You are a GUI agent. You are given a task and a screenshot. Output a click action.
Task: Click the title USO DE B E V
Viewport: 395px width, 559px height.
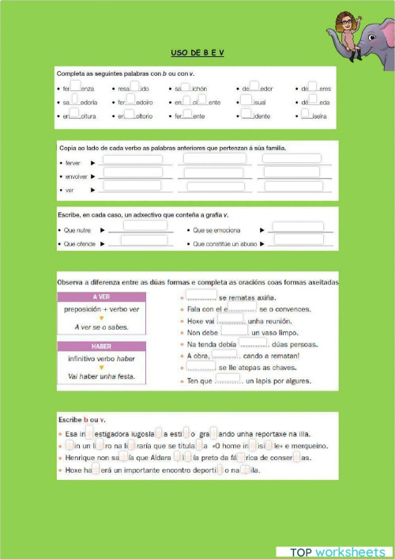coord(197,52)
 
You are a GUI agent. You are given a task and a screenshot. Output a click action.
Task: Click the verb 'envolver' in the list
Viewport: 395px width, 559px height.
coord(77,176)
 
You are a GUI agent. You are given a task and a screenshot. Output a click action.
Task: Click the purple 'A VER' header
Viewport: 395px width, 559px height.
coord(101,296)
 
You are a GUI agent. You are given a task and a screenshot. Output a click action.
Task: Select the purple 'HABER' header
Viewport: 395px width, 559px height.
coord(101,346)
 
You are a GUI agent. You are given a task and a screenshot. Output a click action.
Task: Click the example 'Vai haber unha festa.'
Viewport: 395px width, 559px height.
coord(101,376)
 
